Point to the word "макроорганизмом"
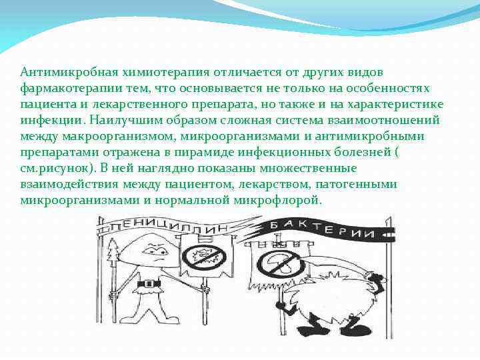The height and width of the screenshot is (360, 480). [x=100, y=136]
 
